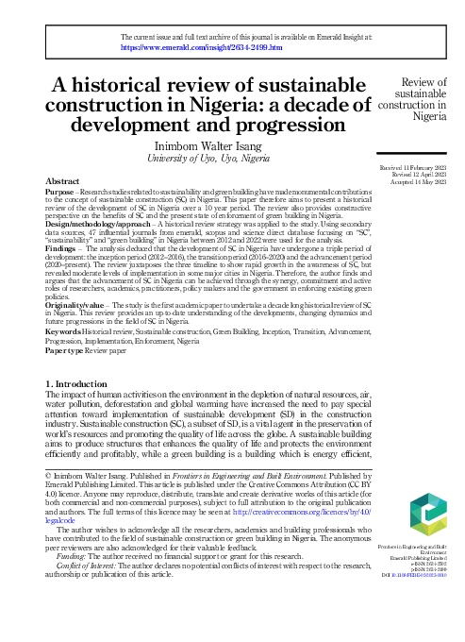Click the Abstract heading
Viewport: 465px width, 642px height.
click(x=62, y=180)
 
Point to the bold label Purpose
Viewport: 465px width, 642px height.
click(x=60, y=192)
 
